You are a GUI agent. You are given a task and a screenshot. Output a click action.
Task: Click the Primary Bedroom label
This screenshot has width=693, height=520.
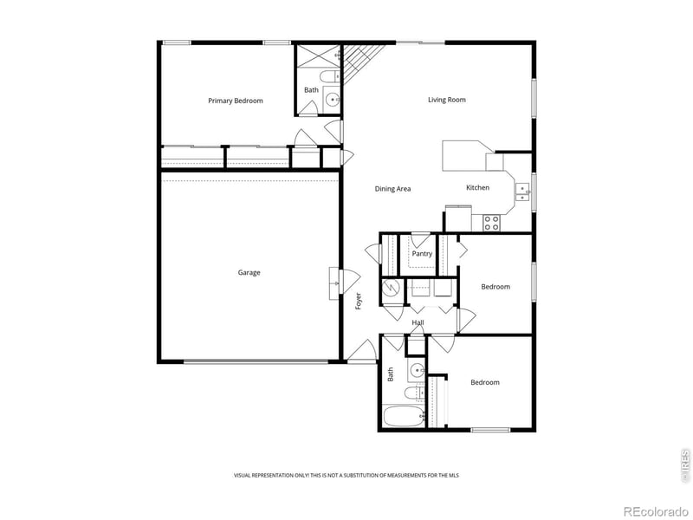[235, 101]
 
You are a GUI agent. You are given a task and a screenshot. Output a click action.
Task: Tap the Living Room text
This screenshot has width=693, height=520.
[447, 100]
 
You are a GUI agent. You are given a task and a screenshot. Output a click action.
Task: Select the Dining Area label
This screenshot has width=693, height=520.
[392, 188]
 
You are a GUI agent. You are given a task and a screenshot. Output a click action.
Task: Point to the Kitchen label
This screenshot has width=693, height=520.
[477, 187]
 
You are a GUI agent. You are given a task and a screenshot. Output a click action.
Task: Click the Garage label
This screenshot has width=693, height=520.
[249, 273]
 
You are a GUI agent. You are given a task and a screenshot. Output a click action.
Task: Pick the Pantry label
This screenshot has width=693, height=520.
[422, 254]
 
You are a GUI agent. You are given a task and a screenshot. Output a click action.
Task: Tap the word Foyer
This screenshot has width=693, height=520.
[359, 302]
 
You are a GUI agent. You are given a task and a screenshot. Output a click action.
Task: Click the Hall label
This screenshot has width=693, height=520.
[418, 323]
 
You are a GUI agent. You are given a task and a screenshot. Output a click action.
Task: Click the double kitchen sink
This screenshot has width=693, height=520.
[523, 192]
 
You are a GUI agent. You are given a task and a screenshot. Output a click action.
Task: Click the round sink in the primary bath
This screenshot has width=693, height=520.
[333, 100]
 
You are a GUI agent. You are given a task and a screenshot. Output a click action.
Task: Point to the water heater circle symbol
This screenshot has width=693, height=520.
[392, 289]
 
